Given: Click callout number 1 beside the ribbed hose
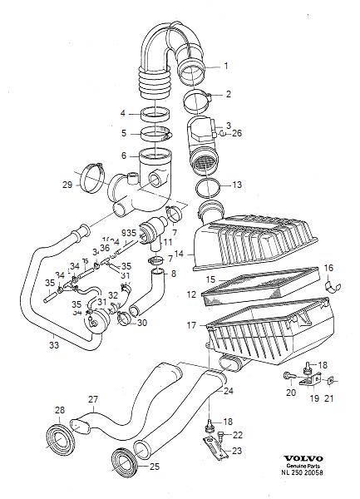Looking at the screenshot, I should tap(224, 66).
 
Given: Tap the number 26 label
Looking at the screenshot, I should tap(237, 133).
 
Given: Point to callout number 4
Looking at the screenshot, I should tap(122, 113).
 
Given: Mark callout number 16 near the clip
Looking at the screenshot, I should tap(328, 268).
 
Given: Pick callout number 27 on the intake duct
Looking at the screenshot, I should tap(93, 399).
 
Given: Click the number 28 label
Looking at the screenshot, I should tap(59, 410).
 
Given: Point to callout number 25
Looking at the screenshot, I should tap(155, 467).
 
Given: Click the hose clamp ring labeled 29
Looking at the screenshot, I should tap(93, 178).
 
